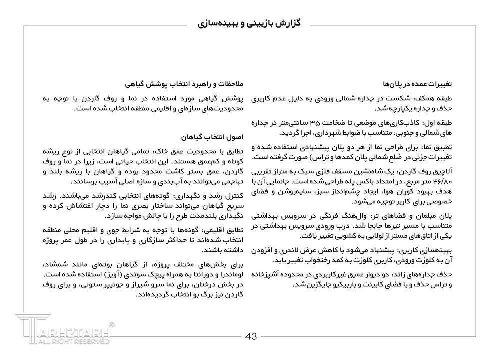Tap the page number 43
251,336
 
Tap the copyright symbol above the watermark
112,324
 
